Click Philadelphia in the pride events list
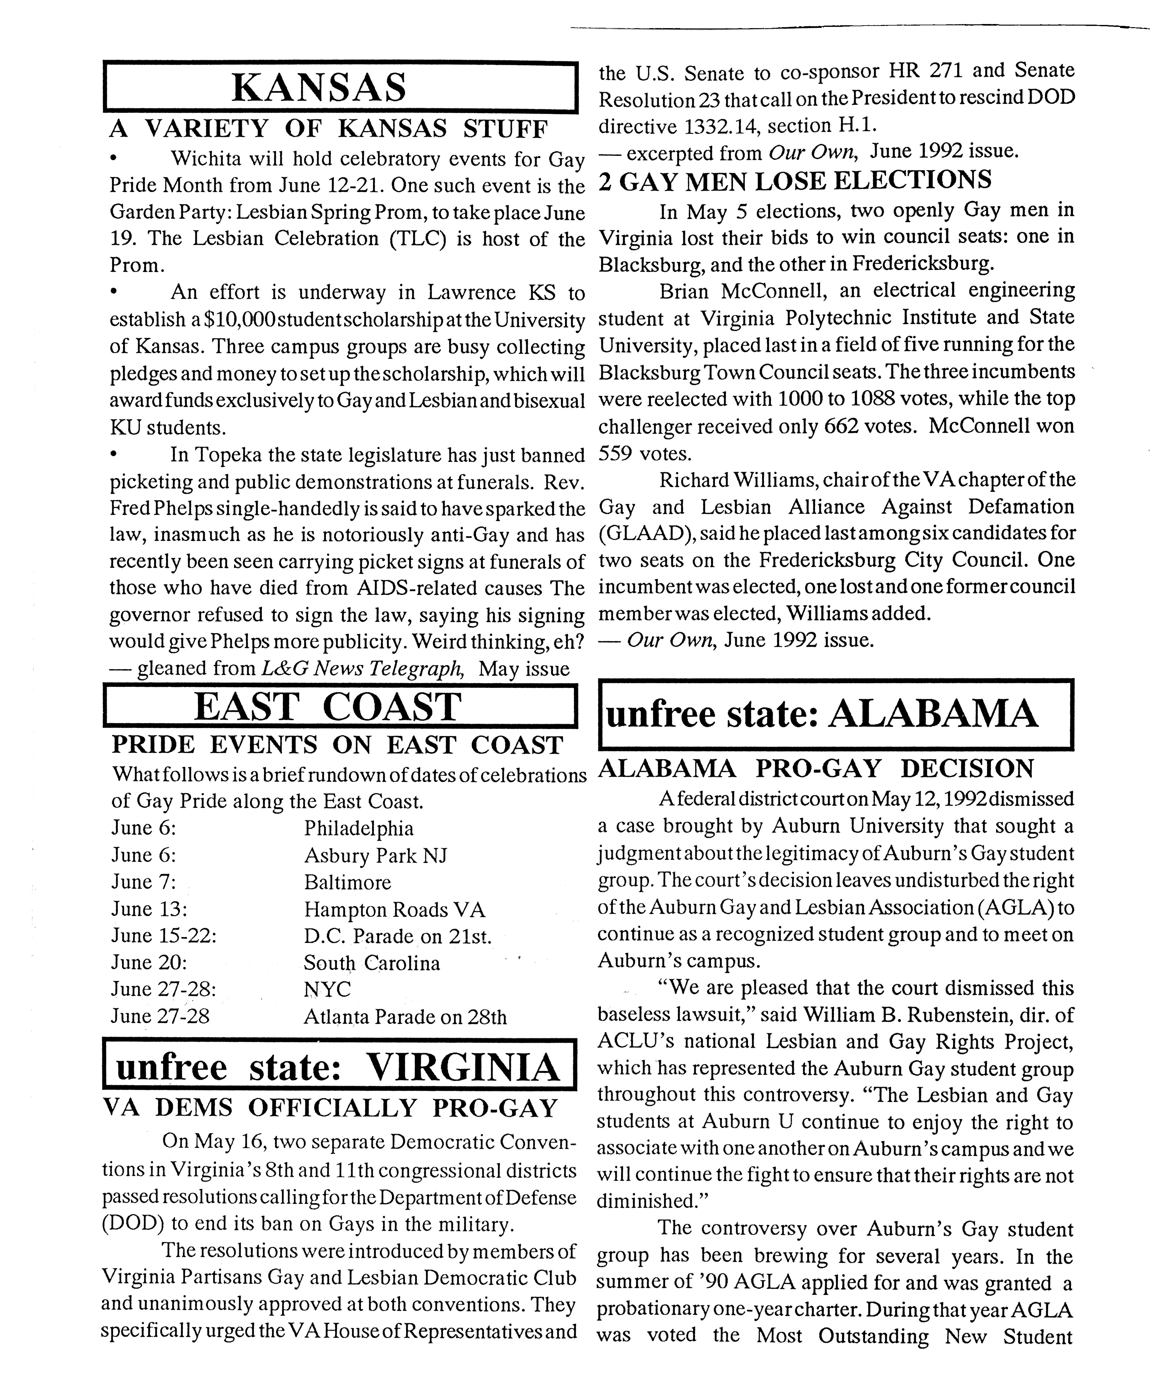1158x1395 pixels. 359,828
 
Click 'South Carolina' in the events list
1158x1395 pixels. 371,962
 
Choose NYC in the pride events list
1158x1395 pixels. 327,989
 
